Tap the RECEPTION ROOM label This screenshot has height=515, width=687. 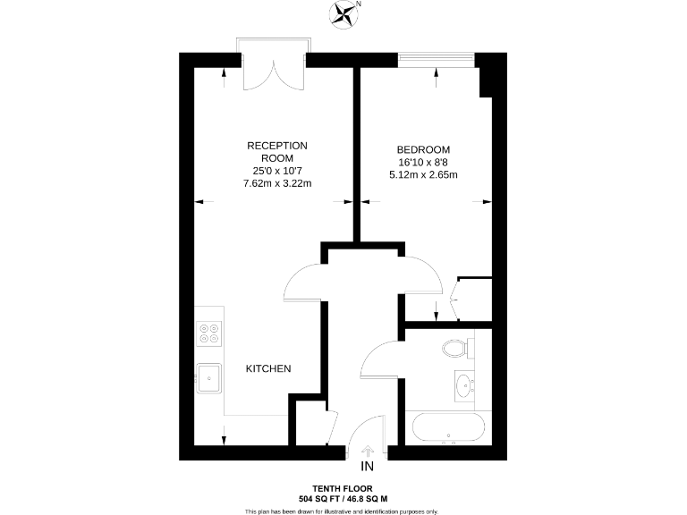(x=277, y=152)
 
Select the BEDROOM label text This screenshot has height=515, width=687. (x=424, y=149)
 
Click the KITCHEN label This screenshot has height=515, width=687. (x=268, y=368)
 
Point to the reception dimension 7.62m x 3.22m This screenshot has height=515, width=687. (x=277, y=183)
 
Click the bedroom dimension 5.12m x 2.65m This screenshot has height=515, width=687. (x=424, y=174)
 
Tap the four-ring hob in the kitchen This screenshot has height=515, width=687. (x=210, y=333)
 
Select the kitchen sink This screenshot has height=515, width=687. (x=209, y=377)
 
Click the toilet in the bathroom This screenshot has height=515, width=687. (x=456, y=346)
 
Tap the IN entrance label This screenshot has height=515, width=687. (x=367, y=467)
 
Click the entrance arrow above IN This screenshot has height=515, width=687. (x=367, y=452)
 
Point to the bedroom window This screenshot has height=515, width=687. (x=436, y=59)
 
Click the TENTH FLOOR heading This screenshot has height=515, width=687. (x=343, y=488)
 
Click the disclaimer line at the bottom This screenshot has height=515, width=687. (x=343, y=511)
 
